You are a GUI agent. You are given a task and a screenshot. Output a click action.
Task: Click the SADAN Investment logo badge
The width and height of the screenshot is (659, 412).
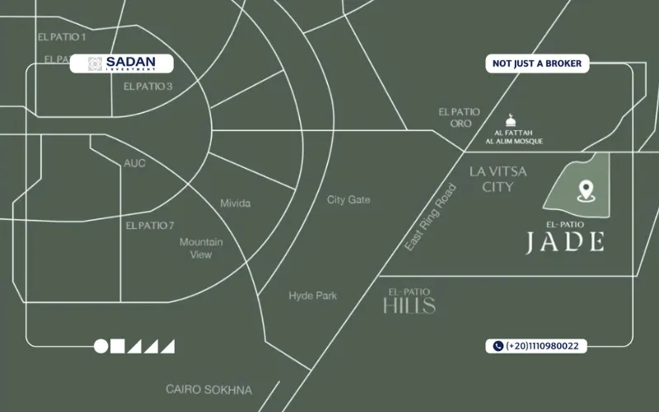coord(122,63)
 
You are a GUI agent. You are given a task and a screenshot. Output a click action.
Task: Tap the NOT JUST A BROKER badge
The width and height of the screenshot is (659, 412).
coord(536,63)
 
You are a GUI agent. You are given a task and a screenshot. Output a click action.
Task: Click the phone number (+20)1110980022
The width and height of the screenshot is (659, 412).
coord(536,346)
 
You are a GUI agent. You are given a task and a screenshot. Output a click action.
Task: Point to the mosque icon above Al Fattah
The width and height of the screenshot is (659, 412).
coord(509,121)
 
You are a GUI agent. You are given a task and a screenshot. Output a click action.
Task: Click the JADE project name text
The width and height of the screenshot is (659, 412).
coord(566,241)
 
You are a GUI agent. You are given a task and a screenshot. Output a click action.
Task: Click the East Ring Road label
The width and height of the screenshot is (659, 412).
coord(431,217)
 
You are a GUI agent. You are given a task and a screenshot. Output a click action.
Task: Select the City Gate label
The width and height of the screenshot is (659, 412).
coord(348,200)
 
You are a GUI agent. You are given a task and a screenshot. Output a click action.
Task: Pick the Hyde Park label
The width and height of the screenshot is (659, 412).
coord(312,296)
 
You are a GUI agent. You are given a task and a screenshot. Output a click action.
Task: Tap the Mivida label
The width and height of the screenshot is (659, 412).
coord(236,204)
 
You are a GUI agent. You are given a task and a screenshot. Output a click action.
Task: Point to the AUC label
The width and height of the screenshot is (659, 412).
coord(134,163)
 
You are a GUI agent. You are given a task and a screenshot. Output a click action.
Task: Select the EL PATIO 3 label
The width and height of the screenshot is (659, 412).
coord(147,87)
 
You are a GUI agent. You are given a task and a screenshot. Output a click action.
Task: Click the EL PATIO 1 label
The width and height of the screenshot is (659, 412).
coord(62,37)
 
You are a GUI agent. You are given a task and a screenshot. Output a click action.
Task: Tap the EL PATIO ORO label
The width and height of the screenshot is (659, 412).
coord(459,117)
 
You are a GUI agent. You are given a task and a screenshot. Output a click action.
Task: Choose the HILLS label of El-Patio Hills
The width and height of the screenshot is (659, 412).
coord(409,306)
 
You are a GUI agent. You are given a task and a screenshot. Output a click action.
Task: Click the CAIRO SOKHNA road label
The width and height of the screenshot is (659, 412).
coord(208,390)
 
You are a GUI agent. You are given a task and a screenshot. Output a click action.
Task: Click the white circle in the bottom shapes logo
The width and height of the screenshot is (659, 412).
coord(101,346)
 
